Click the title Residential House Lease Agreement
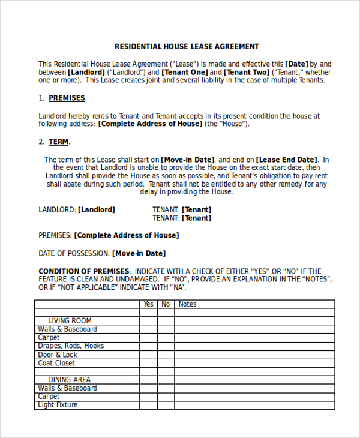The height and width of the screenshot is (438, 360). coord(187,46)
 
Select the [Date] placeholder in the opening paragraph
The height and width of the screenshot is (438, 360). coord(296,64)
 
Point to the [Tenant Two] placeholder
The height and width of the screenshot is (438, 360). coord(247,72)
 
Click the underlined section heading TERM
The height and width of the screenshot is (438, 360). coord(58,142)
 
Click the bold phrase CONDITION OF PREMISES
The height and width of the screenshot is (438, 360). coord(84,271)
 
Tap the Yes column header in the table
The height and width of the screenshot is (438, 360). coord(148,304)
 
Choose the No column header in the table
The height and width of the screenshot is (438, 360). coord(166,304)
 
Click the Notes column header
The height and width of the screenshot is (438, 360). coord(188,304)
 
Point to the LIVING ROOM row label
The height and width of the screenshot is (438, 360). coord(70,321)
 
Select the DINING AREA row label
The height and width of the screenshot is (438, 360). coord(70,380)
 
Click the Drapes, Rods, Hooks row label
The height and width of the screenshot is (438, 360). coord(71,346)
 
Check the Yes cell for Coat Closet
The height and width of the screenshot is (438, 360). coord(148,363)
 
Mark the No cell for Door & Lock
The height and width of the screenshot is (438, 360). coord(166,355)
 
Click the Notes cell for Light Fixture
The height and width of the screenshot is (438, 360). coord(254,405)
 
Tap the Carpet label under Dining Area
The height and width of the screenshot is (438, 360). coord(49,397)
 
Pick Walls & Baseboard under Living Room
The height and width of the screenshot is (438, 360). coord(67,329)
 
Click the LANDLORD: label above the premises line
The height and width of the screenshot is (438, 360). coord(58,209)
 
